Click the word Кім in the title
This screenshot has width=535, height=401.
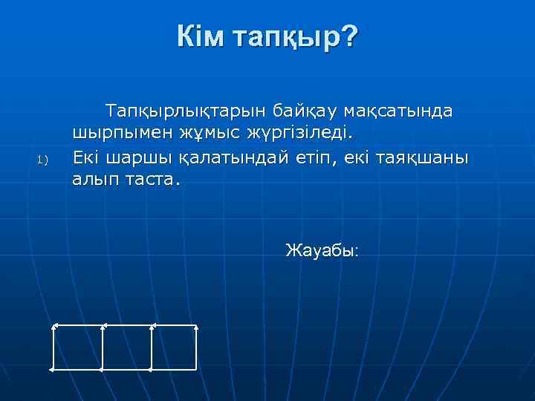point(201,36)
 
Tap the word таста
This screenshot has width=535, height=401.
point(153,180)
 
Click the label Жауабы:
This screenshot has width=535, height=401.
point(322,250)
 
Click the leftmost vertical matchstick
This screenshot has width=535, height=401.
point(53,347)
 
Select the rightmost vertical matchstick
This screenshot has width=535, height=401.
point(196,347)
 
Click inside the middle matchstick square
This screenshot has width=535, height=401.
point(126,347)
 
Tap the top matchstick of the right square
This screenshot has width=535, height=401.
point(174,325)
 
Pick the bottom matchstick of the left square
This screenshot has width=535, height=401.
point(77,369)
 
